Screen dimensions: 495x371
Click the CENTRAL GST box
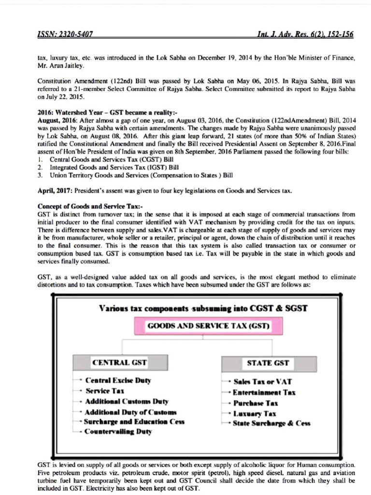click(x=119, y=362)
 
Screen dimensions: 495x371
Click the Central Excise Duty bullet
click(x=118, y=380)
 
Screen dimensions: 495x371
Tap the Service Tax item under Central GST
click(x=105, y=391)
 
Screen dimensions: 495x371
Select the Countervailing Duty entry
click(x=118, y=432)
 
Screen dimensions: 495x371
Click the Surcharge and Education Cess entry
click(x=134, y=422)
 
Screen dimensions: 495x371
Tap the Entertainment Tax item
click(x=264, y=393)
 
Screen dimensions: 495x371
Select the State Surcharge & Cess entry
click(x=271, y=423)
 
